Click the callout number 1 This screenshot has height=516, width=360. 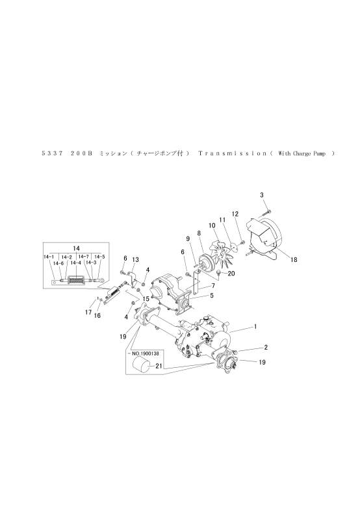tap(255, 327)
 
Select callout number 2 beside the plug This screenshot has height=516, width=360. tap(266, 347)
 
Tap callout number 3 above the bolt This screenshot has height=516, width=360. tap(262, 195)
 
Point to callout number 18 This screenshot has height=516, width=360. tap(294, 260)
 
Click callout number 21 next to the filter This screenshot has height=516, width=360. tap(159, 365)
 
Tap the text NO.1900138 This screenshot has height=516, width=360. tap(145, 354)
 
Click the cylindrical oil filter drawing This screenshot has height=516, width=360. tap(141, 366)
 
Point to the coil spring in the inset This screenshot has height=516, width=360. tap(76, 281)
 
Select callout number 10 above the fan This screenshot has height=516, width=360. tap(212, 226)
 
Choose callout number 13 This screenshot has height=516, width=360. tap(136, 260)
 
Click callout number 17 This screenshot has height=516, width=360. tap(88, 312)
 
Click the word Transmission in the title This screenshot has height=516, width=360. tap(233, 153)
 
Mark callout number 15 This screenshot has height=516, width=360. tap(146, 299)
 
